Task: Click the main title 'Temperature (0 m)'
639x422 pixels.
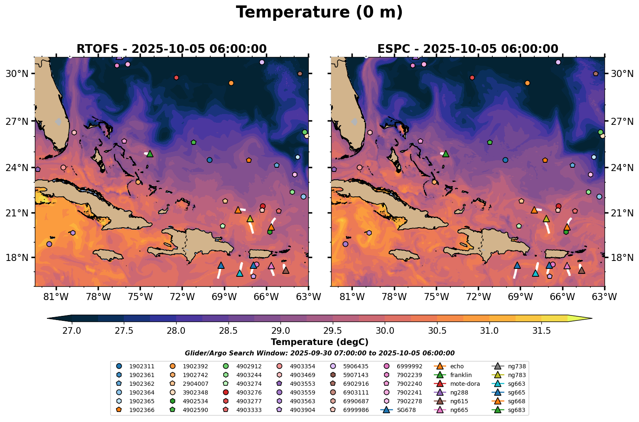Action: coord(319,12)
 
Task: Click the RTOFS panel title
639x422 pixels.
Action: coord(171,49)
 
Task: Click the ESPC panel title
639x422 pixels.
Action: coord(467,49)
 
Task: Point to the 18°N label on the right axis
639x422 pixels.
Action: coord(622,258)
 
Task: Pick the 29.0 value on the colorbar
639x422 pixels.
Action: coord(280,331)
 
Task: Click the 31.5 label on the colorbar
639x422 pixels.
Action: coord(541,331)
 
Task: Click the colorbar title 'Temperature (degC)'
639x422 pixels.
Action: coord(319,342)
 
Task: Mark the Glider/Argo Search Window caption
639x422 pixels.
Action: coord(319,353)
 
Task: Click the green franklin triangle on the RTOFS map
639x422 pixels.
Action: coord(150,154)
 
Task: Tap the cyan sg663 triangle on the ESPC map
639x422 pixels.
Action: coord(535,273)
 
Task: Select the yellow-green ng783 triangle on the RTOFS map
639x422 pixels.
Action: coord(250,219)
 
